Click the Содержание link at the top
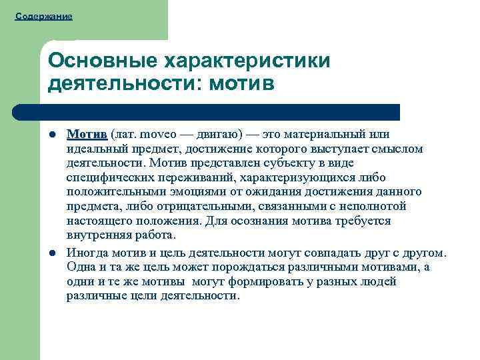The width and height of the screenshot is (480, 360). [43, 15]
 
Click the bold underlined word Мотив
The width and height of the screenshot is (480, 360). [87, 134]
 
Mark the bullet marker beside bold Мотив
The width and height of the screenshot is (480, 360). [52, 134]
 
